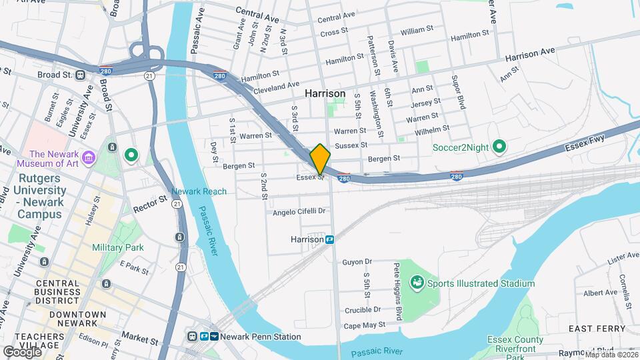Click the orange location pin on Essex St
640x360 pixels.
point(320,159)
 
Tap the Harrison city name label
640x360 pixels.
point(325,94)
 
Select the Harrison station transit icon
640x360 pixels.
point(329,239)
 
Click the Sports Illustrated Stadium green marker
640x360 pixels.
point(417,283)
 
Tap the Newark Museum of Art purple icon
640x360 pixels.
point(89,158)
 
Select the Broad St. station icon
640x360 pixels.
point(80,75)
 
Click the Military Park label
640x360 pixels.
point(118,247)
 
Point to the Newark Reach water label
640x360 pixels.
point(199,191)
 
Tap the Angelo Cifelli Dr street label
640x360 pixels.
point(299,212)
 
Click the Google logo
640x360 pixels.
point(22,351)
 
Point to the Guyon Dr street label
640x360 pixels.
point(357,262)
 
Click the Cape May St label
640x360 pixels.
point(364,325)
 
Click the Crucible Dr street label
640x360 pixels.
point(363,309)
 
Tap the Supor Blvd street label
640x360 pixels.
point(460,92)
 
